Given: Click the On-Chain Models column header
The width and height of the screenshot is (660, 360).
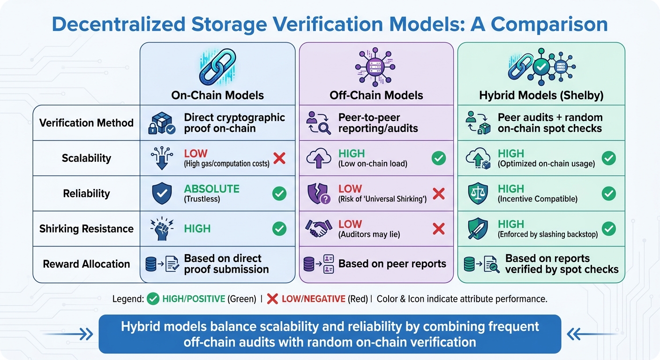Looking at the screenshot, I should pos(217,96).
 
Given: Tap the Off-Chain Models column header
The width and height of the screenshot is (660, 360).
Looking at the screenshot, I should pos(376,96).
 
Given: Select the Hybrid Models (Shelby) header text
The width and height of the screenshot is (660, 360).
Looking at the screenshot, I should pos(541,96).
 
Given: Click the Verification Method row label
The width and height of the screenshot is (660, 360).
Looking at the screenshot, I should pos(86,123).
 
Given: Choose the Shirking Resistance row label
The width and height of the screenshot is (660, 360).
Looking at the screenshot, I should pos(86,229).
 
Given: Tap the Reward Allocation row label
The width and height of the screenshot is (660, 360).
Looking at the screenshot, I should pos(86,264).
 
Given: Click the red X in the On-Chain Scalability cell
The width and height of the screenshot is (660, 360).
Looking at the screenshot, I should pos(279,158).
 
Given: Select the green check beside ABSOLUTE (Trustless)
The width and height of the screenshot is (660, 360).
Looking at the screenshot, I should pos(279,193).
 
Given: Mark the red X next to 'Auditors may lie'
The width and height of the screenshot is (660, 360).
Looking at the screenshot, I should pos(438,229).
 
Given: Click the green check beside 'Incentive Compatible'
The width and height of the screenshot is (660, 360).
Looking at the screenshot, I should pos(608,193).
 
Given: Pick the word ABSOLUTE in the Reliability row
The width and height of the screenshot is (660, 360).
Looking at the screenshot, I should pos(211,189).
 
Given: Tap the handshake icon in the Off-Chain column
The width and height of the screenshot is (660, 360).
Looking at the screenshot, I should pos(319,229).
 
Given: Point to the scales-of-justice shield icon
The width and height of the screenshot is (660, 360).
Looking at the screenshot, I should pos(478,194).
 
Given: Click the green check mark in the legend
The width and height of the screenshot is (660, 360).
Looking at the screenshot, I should pos(153,299).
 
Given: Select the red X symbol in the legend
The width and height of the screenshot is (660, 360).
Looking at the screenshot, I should pos(272,299).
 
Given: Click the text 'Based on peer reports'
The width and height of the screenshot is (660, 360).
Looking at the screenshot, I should pos(392,264).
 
